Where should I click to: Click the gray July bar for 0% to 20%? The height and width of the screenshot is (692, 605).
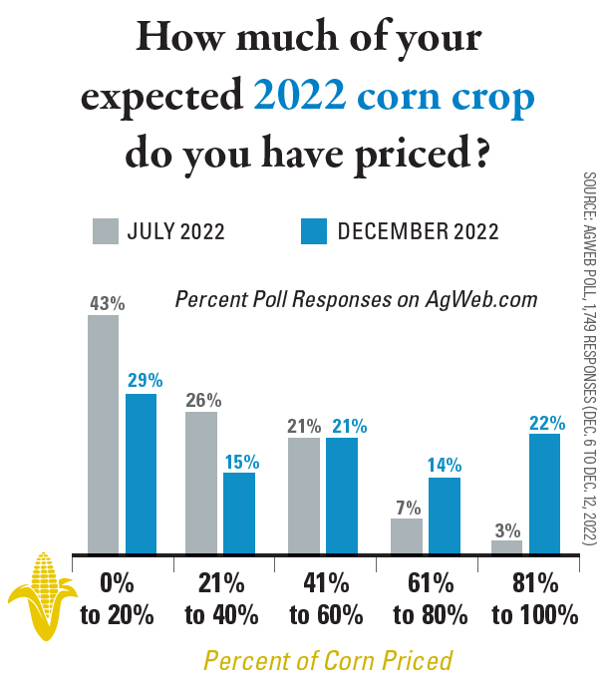(103, 434)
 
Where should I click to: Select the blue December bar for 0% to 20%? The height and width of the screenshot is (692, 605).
(141, 473)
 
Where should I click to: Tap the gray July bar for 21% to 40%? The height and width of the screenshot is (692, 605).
(201, 482)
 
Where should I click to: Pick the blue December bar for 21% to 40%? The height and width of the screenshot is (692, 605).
(239, 513)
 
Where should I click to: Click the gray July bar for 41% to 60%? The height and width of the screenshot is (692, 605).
(304, 495)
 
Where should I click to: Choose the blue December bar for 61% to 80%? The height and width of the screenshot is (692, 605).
(445, 515)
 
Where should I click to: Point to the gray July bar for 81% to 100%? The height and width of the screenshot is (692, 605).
(506, 546)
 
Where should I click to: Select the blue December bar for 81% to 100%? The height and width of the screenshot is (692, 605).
(544, 493)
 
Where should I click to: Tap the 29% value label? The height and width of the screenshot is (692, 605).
(142, 381)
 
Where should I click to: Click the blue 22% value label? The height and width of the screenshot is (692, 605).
(546, 394)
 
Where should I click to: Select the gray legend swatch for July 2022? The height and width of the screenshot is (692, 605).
(106, 230)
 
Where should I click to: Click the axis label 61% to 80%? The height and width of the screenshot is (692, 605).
(429, 599)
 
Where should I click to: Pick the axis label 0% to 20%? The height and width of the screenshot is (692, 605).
(117, 599)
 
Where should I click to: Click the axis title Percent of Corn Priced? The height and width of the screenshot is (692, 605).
(328, 660)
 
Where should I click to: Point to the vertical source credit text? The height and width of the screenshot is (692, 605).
(588, 359)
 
